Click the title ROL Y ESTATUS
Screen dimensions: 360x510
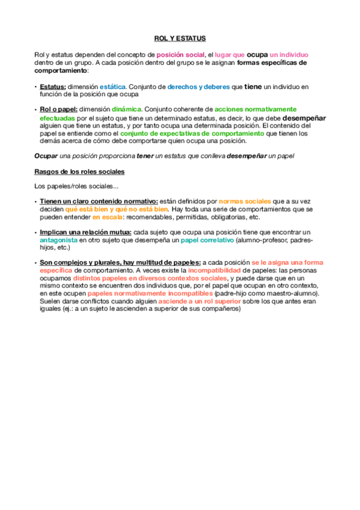[x=180, y=38]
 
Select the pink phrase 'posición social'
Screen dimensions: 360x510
[x=181, y=55]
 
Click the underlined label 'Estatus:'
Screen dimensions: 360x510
[x=53, y=87]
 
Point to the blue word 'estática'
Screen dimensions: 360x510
[x=112, y=87]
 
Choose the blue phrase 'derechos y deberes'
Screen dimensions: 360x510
[x=198, y=87]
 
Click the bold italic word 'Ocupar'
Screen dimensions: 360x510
[x=47, y=156]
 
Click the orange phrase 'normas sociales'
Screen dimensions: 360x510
[x=245, y=201]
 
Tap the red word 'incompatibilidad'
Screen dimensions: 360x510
[x=204, y=270]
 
